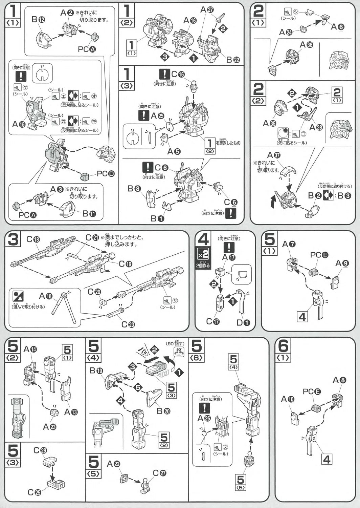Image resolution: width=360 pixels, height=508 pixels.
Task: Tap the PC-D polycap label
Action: [106, 174]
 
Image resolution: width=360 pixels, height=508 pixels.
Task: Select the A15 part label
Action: [19, 124]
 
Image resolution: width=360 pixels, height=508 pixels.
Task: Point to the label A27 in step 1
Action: [207, 10]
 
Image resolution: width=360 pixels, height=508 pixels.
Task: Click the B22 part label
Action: [233, 60]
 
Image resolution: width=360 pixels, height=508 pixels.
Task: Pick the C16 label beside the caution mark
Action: [178, 74]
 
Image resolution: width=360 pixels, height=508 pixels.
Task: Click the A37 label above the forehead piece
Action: [274, 155]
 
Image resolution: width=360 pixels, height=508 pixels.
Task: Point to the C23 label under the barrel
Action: [128, 324]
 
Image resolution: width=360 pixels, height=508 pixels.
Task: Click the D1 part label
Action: [243, 323]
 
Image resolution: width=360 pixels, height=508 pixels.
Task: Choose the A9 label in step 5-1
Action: [342, 263]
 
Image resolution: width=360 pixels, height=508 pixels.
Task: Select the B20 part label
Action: [163, 411]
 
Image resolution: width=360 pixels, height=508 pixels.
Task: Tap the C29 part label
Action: [40, 450]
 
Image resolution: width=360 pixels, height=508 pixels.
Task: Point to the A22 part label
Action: [113, 464]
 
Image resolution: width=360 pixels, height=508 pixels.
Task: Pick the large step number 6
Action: [283, 346]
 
